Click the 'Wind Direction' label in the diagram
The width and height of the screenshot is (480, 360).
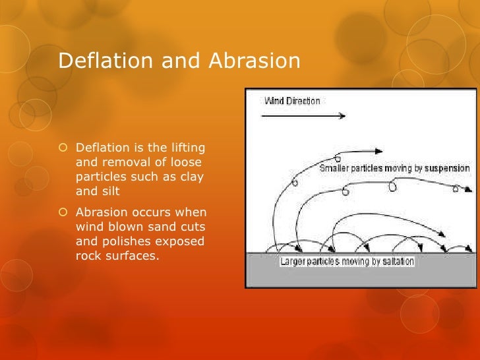point(292,101)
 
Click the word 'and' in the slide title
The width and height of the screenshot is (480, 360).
point(185,61)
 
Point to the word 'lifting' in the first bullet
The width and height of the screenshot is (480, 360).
point(186,147)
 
